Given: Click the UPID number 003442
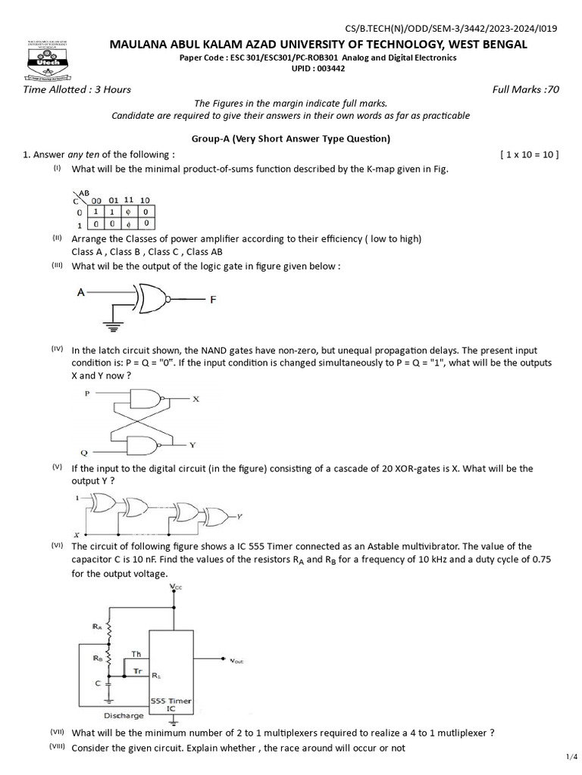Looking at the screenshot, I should click(x=317, y=68).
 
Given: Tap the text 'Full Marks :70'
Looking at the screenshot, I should click(x=525, y=89).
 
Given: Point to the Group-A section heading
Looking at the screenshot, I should click(x=291, y=139).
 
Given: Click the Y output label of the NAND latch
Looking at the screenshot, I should click(x=192, y=444).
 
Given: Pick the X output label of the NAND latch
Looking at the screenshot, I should click(x=195, y=399).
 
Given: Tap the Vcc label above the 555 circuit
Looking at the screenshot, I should click(x=175, y=587).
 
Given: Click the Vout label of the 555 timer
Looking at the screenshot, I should click(x=237, y=660).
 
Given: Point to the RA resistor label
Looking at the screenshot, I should click(x=97, y=627).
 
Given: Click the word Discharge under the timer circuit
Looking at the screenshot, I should click(x=123, y=714).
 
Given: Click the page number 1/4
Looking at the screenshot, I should click(x=571, y=756).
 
